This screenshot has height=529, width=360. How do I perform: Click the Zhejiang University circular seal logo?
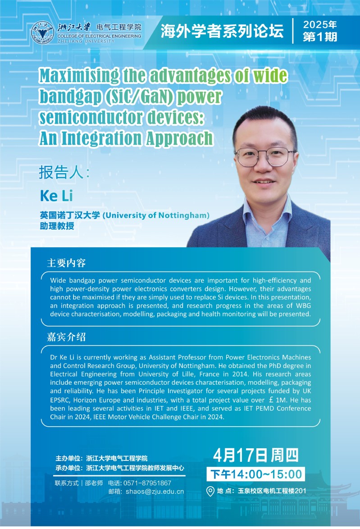(42, 33)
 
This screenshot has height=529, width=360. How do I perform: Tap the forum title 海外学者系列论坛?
(222, 31)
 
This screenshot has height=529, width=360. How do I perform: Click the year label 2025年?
(320, 24)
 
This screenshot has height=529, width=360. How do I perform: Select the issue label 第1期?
(320, 37)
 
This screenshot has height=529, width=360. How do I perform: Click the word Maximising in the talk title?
(79, 76)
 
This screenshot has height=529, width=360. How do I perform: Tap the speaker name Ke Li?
(56, 196)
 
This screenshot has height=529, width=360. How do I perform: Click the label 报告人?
(61, 172)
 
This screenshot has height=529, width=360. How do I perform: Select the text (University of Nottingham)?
(156, 215)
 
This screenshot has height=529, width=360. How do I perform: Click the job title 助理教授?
(57, 225)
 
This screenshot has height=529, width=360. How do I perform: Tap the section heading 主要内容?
(66, 263)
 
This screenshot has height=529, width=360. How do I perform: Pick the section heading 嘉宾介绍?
(66, 337)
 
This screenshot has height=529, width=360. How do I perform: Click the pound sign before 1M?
(271, 400)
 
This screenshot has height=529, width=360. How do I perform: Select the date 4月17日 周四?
(256, 455)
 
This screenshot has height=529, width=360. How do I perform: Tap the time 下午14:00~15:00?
(256, 474)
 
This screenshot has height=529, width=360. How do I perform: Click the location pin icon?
(210, 491)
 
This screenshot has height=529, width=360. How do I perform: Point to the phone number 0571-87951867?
(147, 483)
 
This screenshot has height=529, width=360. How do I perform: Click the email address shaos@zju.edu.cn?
(155, 492)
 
